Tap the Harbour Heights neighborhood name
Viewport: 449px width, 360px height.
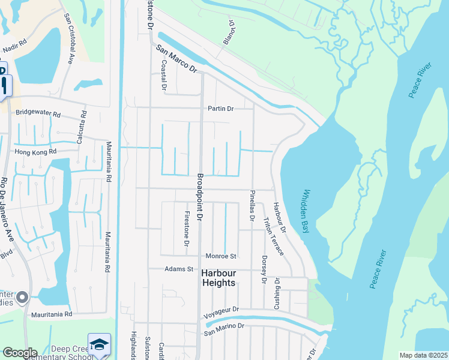pos(218,278)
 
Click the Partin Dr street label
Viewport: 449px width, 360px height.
pos(220,109)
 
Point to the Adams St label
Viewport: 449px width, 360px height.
pos(179,269)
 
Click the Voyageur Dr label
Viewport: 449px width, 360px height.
pos(221,310)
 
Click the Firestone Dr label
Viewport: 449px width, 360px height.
pos(187,229)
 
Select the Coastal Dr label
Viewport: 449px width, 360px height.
pos(163,74)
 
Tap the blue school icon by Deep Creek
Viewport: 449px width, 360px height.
pos(99,344)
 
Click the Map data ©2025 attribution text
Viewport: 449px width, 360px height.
pos(423,355)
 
